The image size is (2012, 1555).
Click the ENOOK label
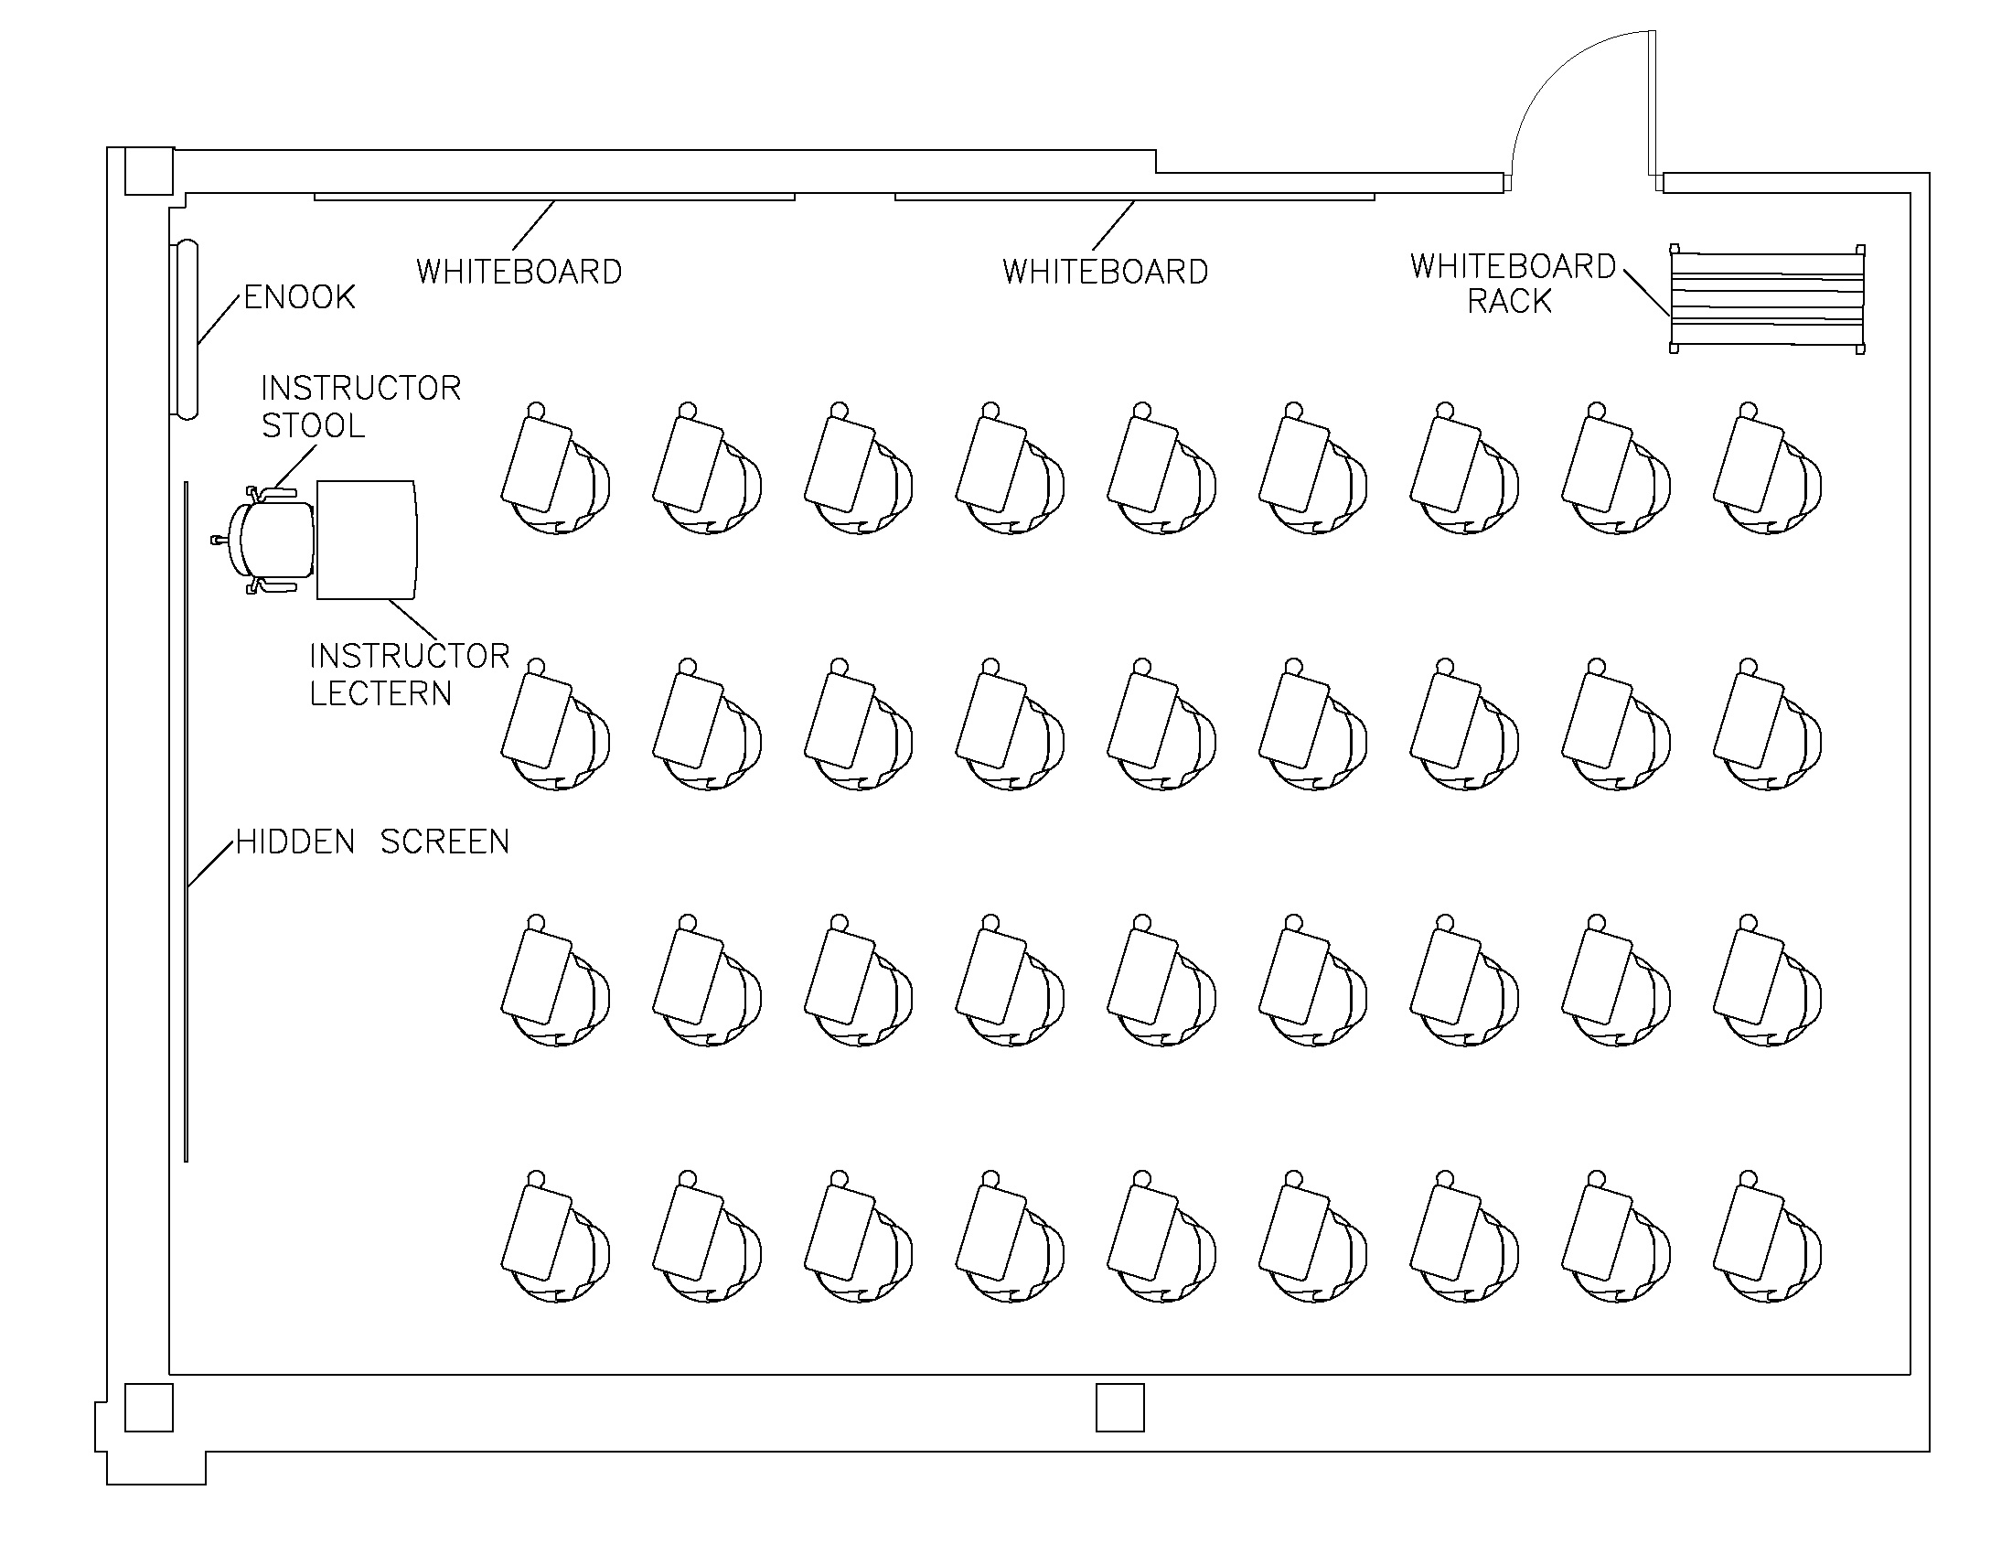pyautogui.click(x=299, y=297)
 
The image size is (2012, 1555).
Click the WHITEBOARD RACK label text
pyautogui.click(x=1512, y=284)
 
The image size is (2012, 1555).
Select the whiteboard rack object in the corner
pyautogui.click(x=1767, y=298)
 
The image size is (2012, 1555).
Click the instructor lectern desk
pyautogui.click(x=366, y=540)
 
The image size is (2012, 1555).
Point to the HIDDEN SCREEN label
pyautogui.click(x=372, y=842)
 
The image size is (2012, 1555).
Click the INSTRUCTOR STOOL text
pyautogui.click(x=359, y=406)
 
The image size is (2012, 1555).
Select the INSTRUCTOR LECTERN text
pyautogui.click(x=408, y=674)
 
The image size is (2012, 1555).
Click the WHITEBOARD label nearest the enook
pyautogui.click(x=519, y=272)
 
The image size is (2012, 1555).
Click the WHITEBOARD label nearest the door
pyautogui.click(x=1105, y=272)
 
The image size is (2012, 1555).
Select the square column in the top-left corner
pyautogui.click(x=148, y=171)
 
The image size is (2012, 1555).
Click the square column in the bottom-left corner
pyautogui.click(x=148, y=1407)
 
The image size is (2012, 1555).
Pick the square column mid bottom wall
pyautogui.click(x=1119, y=1407)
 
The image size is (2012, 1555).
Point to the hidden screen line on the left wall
pyautogui.click(x=186, y=820)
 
